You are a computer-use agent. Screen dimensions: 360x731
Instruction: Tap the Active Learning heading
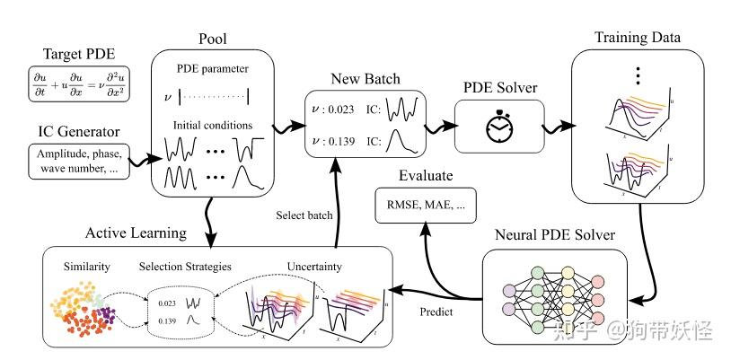[x=136, y=233]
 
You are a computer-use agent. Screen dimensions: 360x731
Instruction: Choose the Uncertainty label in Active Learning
[x=313, y=267]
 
